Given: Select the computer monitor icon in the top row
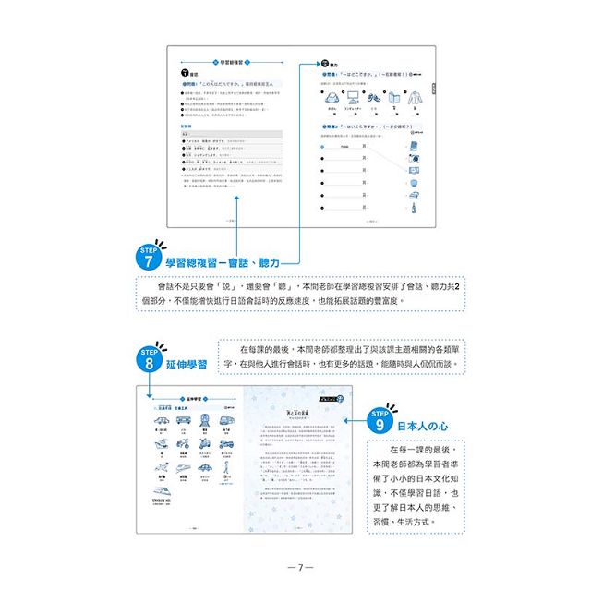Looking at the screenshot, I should coord(352,95).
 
